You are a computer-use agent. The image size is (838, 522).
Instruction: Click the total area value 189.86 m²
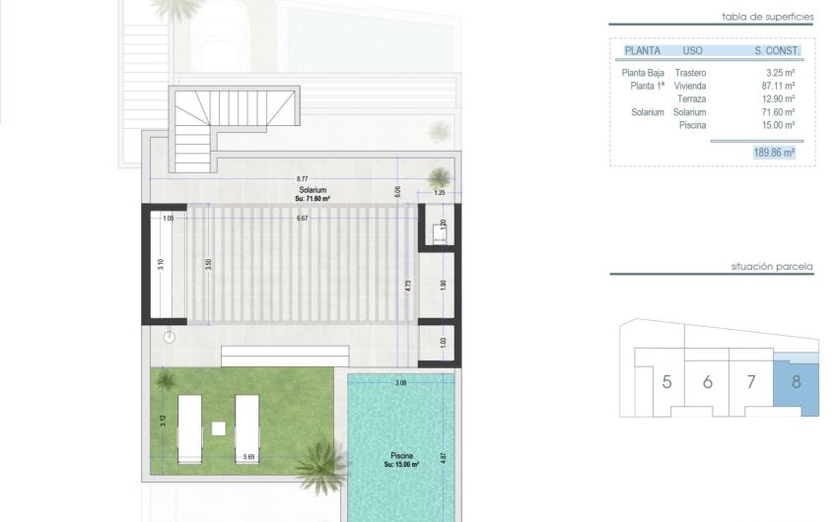(x=774, y=153)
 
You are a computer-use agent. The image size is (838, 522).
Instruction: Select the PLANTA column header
(x=642, y=50)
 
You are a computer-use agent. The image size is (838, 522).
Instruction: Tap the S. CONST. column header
(x=777, y=50)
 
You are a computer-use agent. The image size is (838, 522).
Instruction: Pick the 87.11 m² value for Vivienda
(x=780, y=86)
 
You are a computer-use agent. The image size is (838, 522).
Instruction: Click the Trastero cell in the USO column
(x=691, y=73)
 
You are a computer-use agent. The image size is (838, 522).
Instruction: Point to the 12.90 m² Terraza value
(x=780, y=98)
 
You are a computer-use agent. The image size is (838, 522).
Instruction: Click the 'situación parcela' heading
(x=771, y=266)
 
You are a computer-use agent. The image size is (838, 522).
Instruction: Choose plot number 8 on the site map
(x=795, y=381)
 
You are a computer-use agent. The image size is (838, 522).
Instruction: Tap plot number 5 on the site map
(x=666, y=382)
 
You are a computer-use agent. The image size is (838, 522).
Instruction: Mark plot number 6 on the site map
(x=707, y=382)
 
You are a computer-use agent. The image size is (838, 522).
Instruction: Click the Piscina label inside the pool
(x=400, y=457)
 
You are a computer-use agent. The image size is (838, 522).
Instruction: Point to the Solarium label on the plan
(x=314, y=189)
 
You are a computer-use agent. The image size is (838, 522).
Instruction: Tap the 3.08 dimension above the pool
(x=400, y=380)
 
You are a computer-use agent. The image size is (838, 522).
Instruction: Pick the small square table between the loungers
(x=218, y=428)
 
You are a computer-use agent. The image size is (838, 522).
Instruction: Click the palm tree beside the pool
(x=319, y=461)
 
